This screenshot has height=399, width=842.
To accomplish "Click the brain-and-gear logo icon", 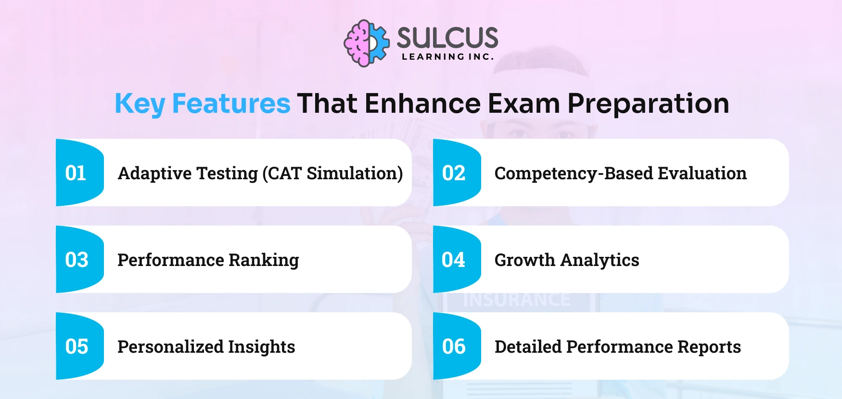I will click(x=366, y=43).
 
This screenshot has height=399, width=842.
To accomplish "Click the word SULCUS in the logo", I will click(x=447, y=38).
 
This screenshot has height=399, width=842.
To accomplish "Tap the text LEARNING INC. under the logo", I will click(x=447, y=57).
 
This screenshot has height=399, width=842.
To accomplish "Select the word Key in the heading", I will click(x=140, y=104).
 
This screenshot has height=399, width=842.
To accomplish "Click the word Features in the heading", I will click(x=231, y=104).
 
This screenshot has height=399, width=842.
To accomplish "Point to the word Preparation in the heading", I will click(x=648, y=104).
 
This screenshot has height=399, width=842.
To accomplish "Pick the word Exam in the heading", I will click(x=524, y=104).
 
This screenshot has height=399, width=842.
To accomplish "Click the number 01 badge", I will click(x=76, y=173).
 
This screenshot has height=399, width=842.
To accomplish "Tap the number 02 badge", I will click(x=454, y=173).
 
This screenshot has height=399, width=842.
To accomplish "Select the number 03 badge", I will click(x=77, y=260).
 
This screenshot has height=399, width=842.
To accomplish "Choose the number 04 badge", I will click(x=453, y=260).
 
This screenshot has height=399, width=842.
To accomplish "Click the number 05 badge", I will click(x=77, y=346).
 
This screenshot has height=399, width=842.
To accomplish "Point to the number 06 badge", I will click(x=454, y=346).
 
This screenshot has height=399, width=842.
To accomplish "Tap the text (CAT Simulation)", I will click(x=332, y=173).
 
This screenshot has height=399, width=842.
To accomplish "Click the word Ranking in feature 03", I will click(x=264, y=260).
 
